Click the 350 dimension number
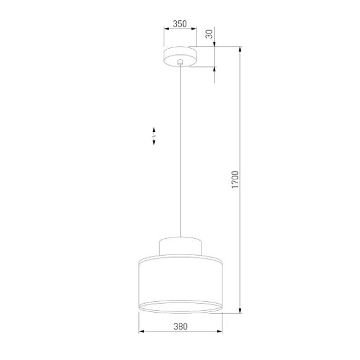[x=180, y=24]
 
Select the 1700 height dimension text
[x=234, y=180]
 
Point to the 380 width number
[x=180, y=327]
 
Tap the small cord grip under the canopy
[x=181, y=63]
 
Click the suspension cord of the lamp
[x=181, y=152]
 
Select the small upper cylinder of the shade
[x=181, y=246]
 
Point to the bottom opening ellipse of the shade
[x=181, y=306]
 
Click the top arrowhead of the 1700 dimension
[x=240, y=49]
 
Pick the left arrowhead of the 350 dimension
[x=166, y=29]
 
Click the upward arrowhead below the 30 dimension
[x=215, y=70]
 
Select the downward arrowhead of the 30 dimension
[x=215, y=43]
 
